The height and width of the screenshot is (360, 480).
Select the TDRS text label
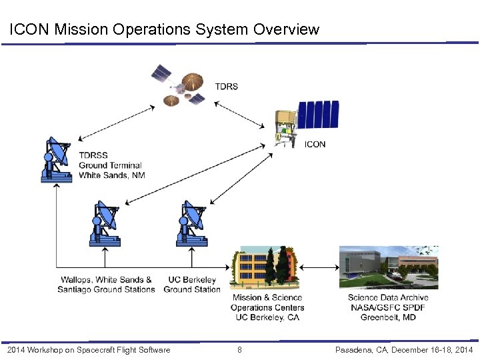[x=227, y=87]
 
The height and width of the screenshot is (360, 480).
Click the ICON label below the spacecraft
[x=315, y=144]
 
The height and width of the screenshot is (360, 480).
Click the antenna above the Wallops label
[x=105, y=223]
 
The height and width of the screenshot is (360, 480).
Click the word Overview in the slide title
[x=285, y=30]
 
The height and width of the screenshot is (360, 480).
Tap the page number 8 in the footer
[x=240, y=350]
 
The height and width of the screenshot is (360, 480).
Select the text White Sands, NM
[x=111, y=175]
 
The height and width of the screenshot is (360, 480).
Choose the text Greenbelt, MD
[x=388, y=317]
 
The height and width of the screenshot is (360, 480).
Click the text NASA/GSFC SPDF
[x=388, y=307]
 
